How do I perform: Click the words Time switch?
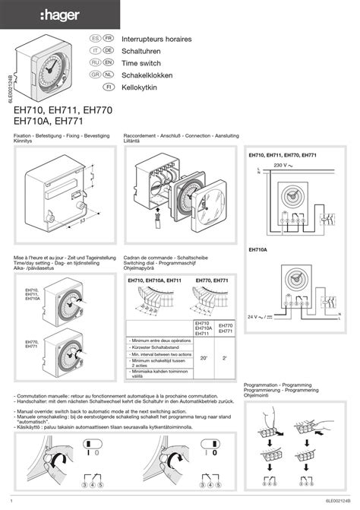(x=143, y=62)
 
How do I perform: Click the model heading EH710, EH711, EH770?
(x=63, y=109)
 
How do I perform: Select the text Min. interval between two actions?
(x=161, y=354)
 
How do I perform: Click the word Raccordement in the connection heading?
(x=139, y=134)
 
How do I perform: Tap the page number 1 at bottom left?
(x=15, y=501)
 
